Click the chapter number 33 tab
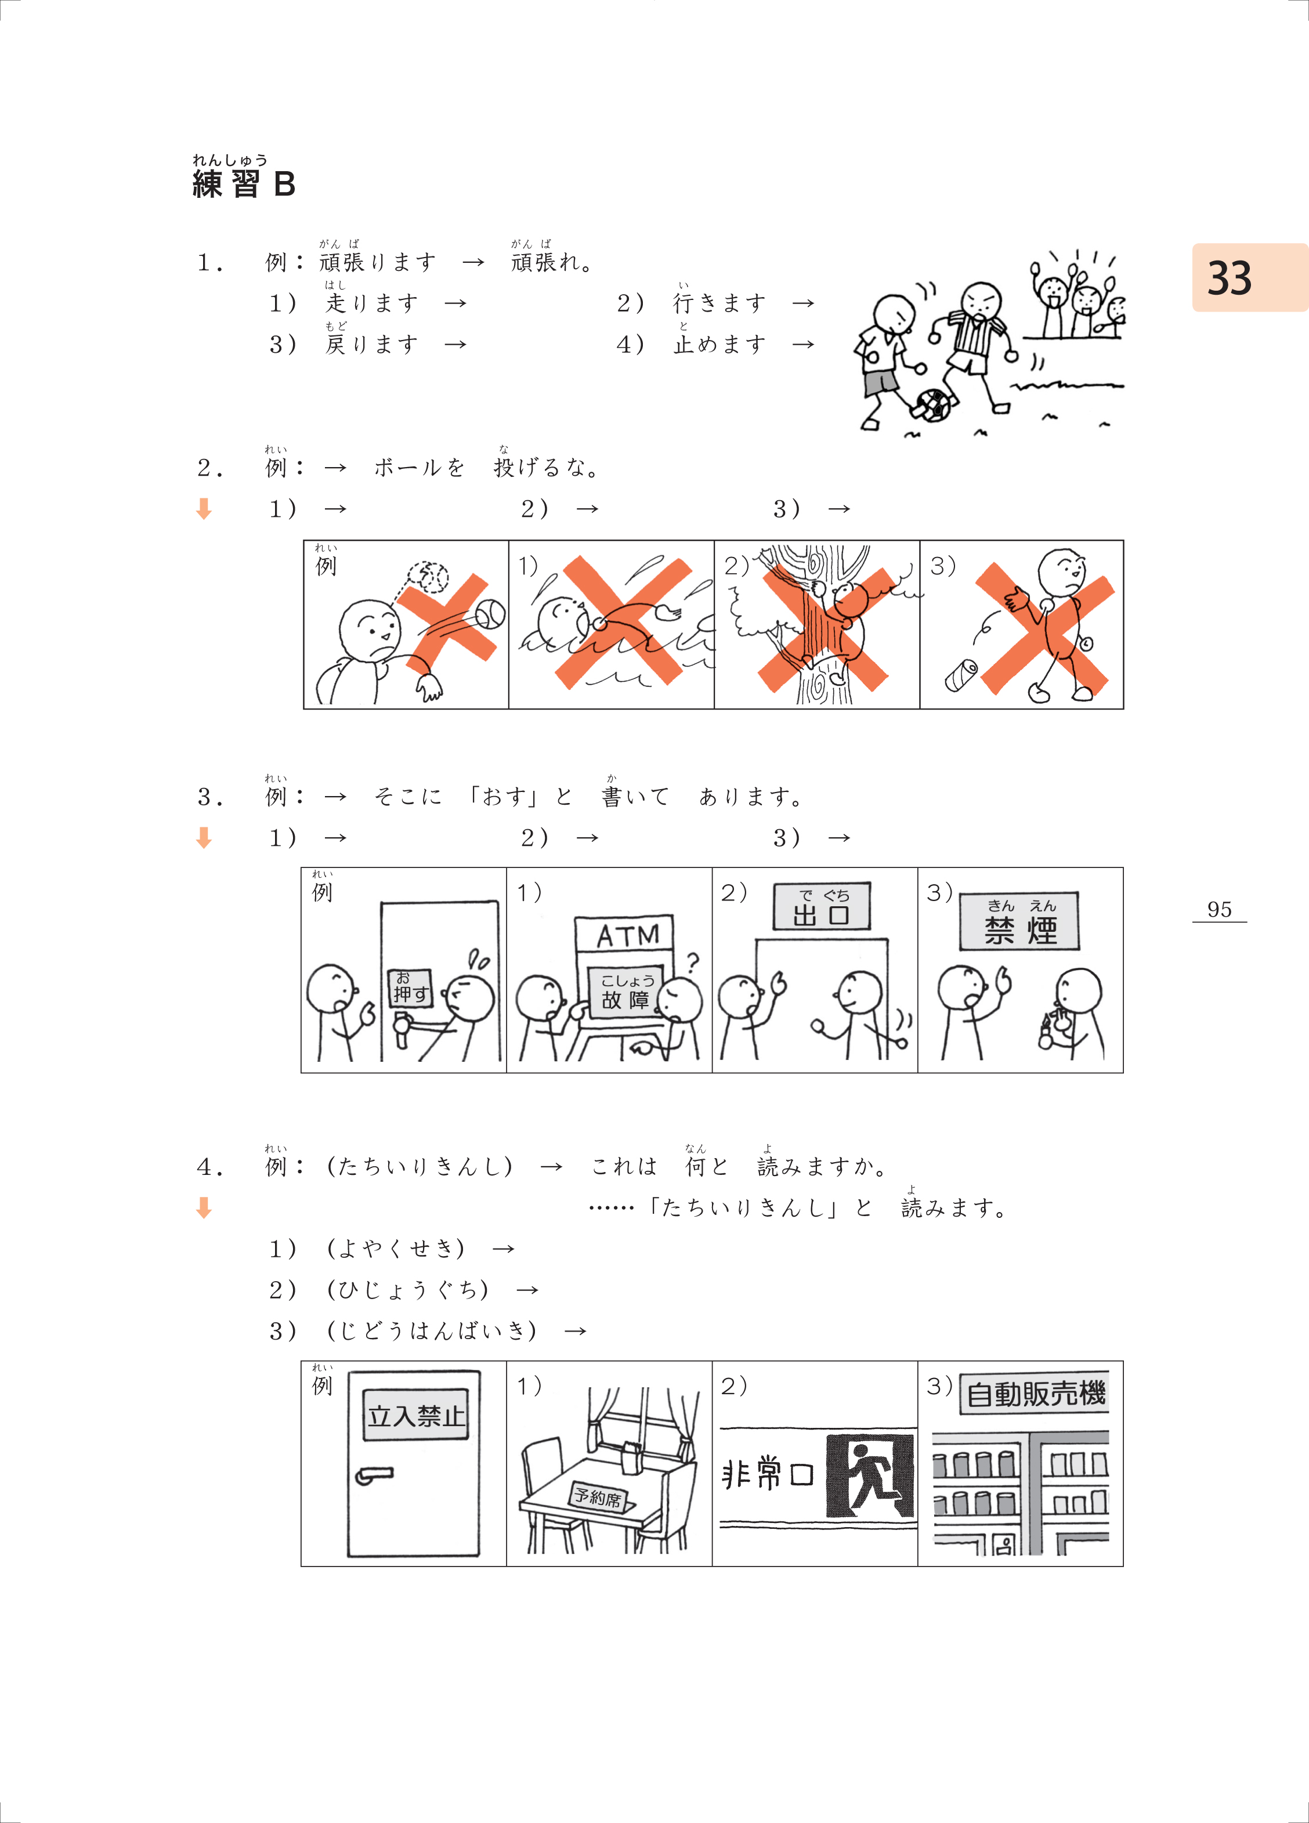[1249, 277]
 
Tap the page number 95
[1219, 909]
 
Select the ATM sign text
[627, 935]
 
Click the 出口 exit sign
[821, 907]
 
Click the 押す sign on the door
[410, 988]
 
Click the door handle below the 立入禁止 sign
[374, 1476]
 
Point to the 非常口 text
[768, 1475]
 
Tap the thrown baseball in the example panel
[490, 615]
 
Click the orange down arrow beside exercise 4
[204, 1207]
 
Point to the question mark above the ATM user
[692, 962]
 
